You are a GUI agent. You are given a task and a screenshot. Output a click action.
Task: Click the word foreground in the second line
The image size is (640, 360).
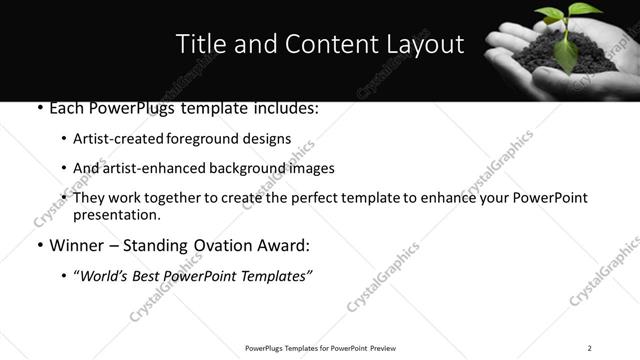point(201,138)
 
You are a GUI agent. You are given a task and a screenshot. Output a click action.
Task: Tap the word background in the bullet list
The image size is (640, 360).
point(245,168)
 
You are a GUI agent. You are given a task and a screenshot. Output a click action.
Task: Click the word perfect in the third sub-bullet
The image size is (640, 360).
point(324,198)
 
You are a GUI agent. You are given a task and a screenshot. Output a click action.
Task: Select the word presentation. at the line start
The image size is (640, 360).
point(116,215)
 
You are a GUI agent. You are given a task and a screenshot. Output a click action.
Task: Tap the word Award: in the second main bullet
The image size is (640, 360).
point(282,245)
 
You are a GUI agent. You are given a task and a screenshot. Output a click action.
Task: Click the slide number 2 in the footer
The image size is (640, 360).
point(589,348)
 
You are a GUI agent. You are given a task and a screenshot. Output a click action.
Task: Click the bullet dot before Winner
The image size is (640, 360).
point(38,246)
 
